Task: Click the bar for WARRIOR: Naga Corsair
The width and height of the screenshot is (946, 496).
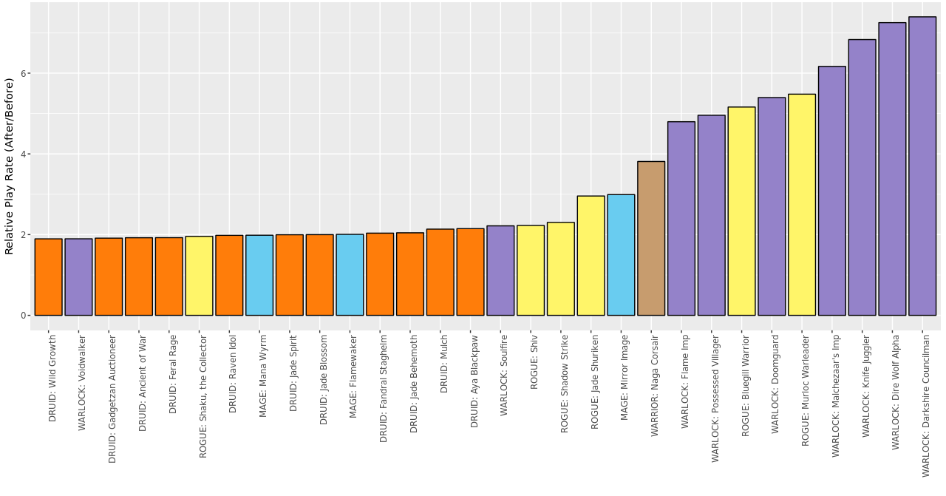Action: [x=651, y=238]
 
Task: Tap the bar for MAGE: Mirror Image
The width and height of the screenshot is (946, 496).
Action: [x=621, y=255]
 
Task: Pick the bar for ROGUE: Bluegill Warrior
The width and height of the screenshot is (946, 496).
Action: [x=741, y=211]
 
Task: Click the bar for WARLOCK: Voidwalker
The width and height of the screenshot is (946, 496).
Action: [x=78, y=277]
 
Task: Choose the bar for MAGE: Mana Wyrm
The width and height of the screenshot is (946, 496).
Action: [x=259, y=275]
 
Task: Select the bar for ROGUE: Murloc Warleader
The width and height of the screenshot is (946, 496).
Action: [x=802, y=205]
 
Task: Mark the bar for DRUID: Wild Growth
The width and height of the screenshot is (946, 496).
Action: [x=48, y=277]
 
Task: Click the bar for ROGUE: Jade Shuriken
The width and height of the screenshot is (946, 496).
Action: [x=591, y=256]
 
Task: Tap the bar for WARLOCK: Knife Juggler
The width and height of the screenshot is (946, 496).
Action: [x=862, y=177]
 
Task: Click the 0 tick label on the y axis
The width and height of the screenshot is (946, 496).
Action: [x=24, y=316]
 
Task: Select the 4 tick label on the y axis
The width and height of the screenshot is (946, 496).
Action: [x=24, y=154]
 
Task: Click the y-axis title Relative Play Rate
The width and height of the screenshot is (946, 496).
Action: [x=10, y=166]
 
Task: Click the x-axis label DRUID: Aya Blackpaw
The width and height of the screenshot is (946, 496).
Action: [x=474, y=381]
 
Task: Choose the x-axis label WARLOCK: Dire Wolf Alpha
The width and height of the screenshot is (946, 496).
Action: [x=896, y=393]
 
